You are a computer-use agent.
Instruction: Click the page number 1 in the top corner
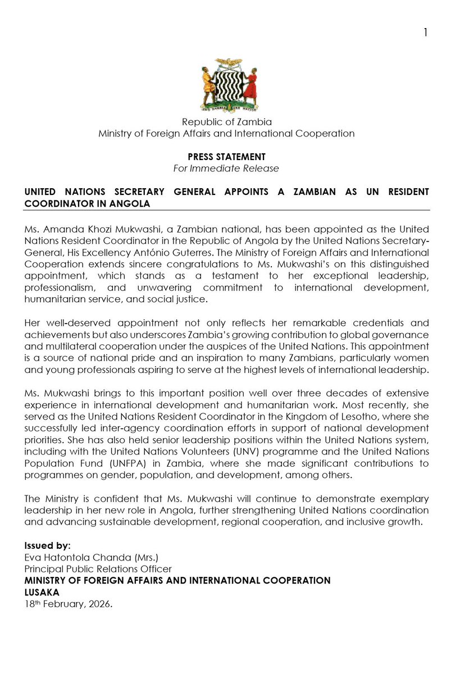[425, 33]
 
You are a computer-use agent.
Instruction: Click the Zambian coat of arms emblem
[230, 85]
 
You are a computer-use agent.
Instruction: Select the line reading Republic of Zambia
[226, 122]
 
